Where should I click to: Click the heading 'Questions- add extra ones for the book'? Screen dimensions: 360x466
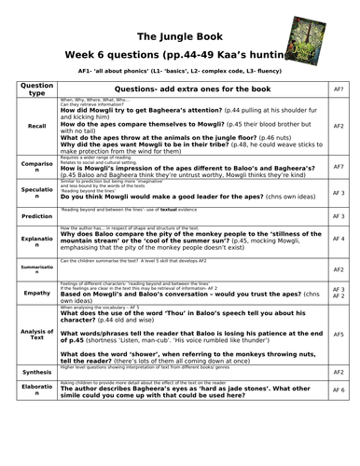[x=192, y=88]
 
